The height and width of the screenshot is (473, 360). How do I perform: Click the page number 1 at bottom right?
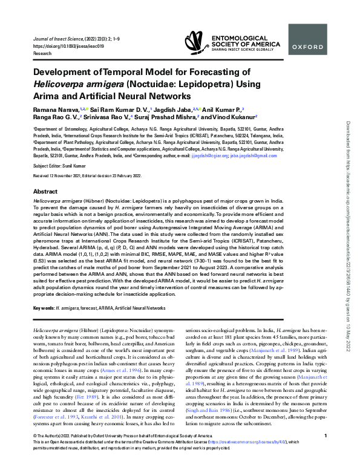coord(326,452)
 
